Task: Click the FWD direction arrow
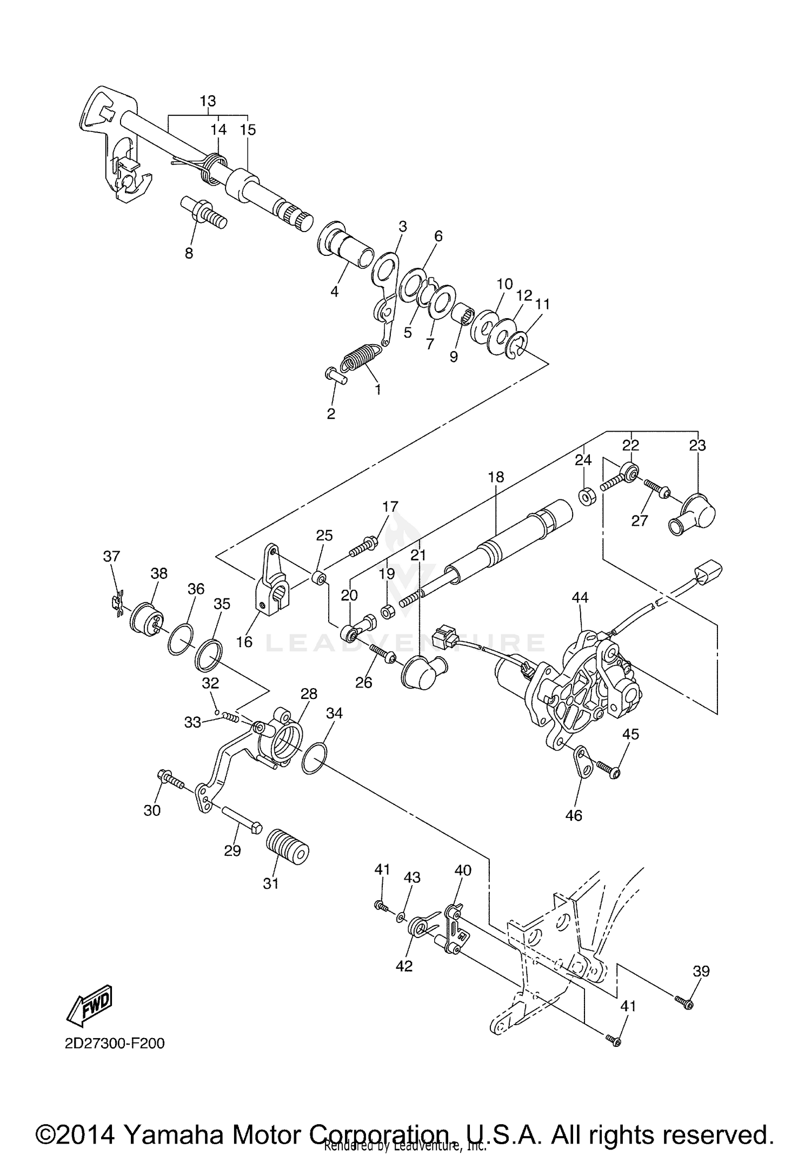tap(89, 1005)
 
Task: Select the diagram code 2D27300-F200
tap(115, 1042)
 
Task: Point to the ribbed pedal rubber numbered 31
tap(288, 853)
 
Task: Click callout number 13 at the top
tap(208, 101)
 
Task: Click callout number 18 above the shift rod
tap(495, 477)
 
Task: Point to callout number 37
tap(111, 556)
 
